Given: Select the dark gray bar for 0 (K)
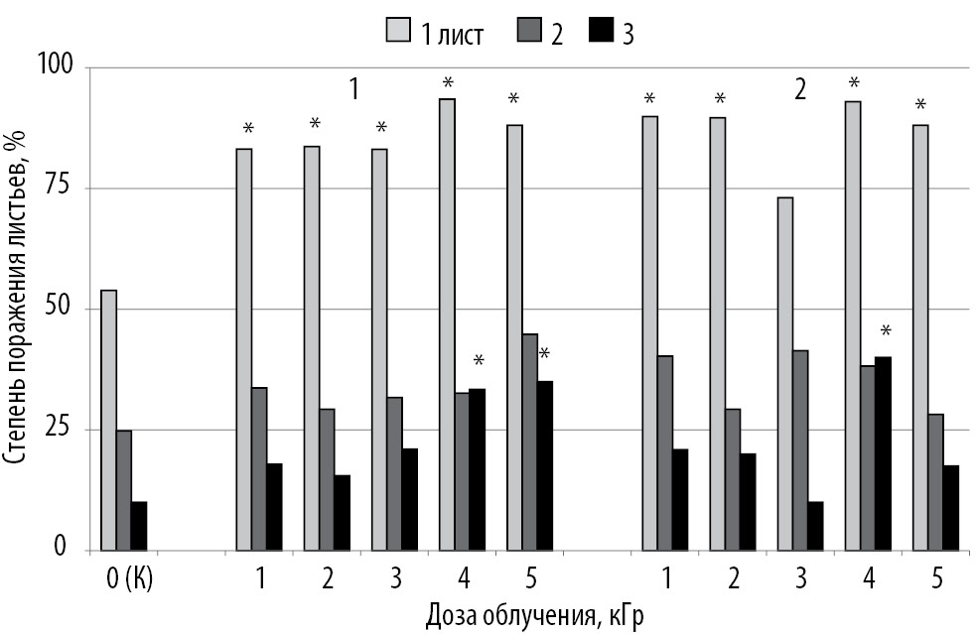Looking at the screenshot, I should click(124, 490).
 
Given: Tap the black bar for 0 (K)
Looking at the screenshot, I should click(139, 526).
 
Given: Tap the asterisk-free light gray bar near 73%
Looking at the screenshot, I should click(784, 373).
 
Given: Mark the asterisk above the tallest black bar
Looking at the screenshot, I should click(887, 331).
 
